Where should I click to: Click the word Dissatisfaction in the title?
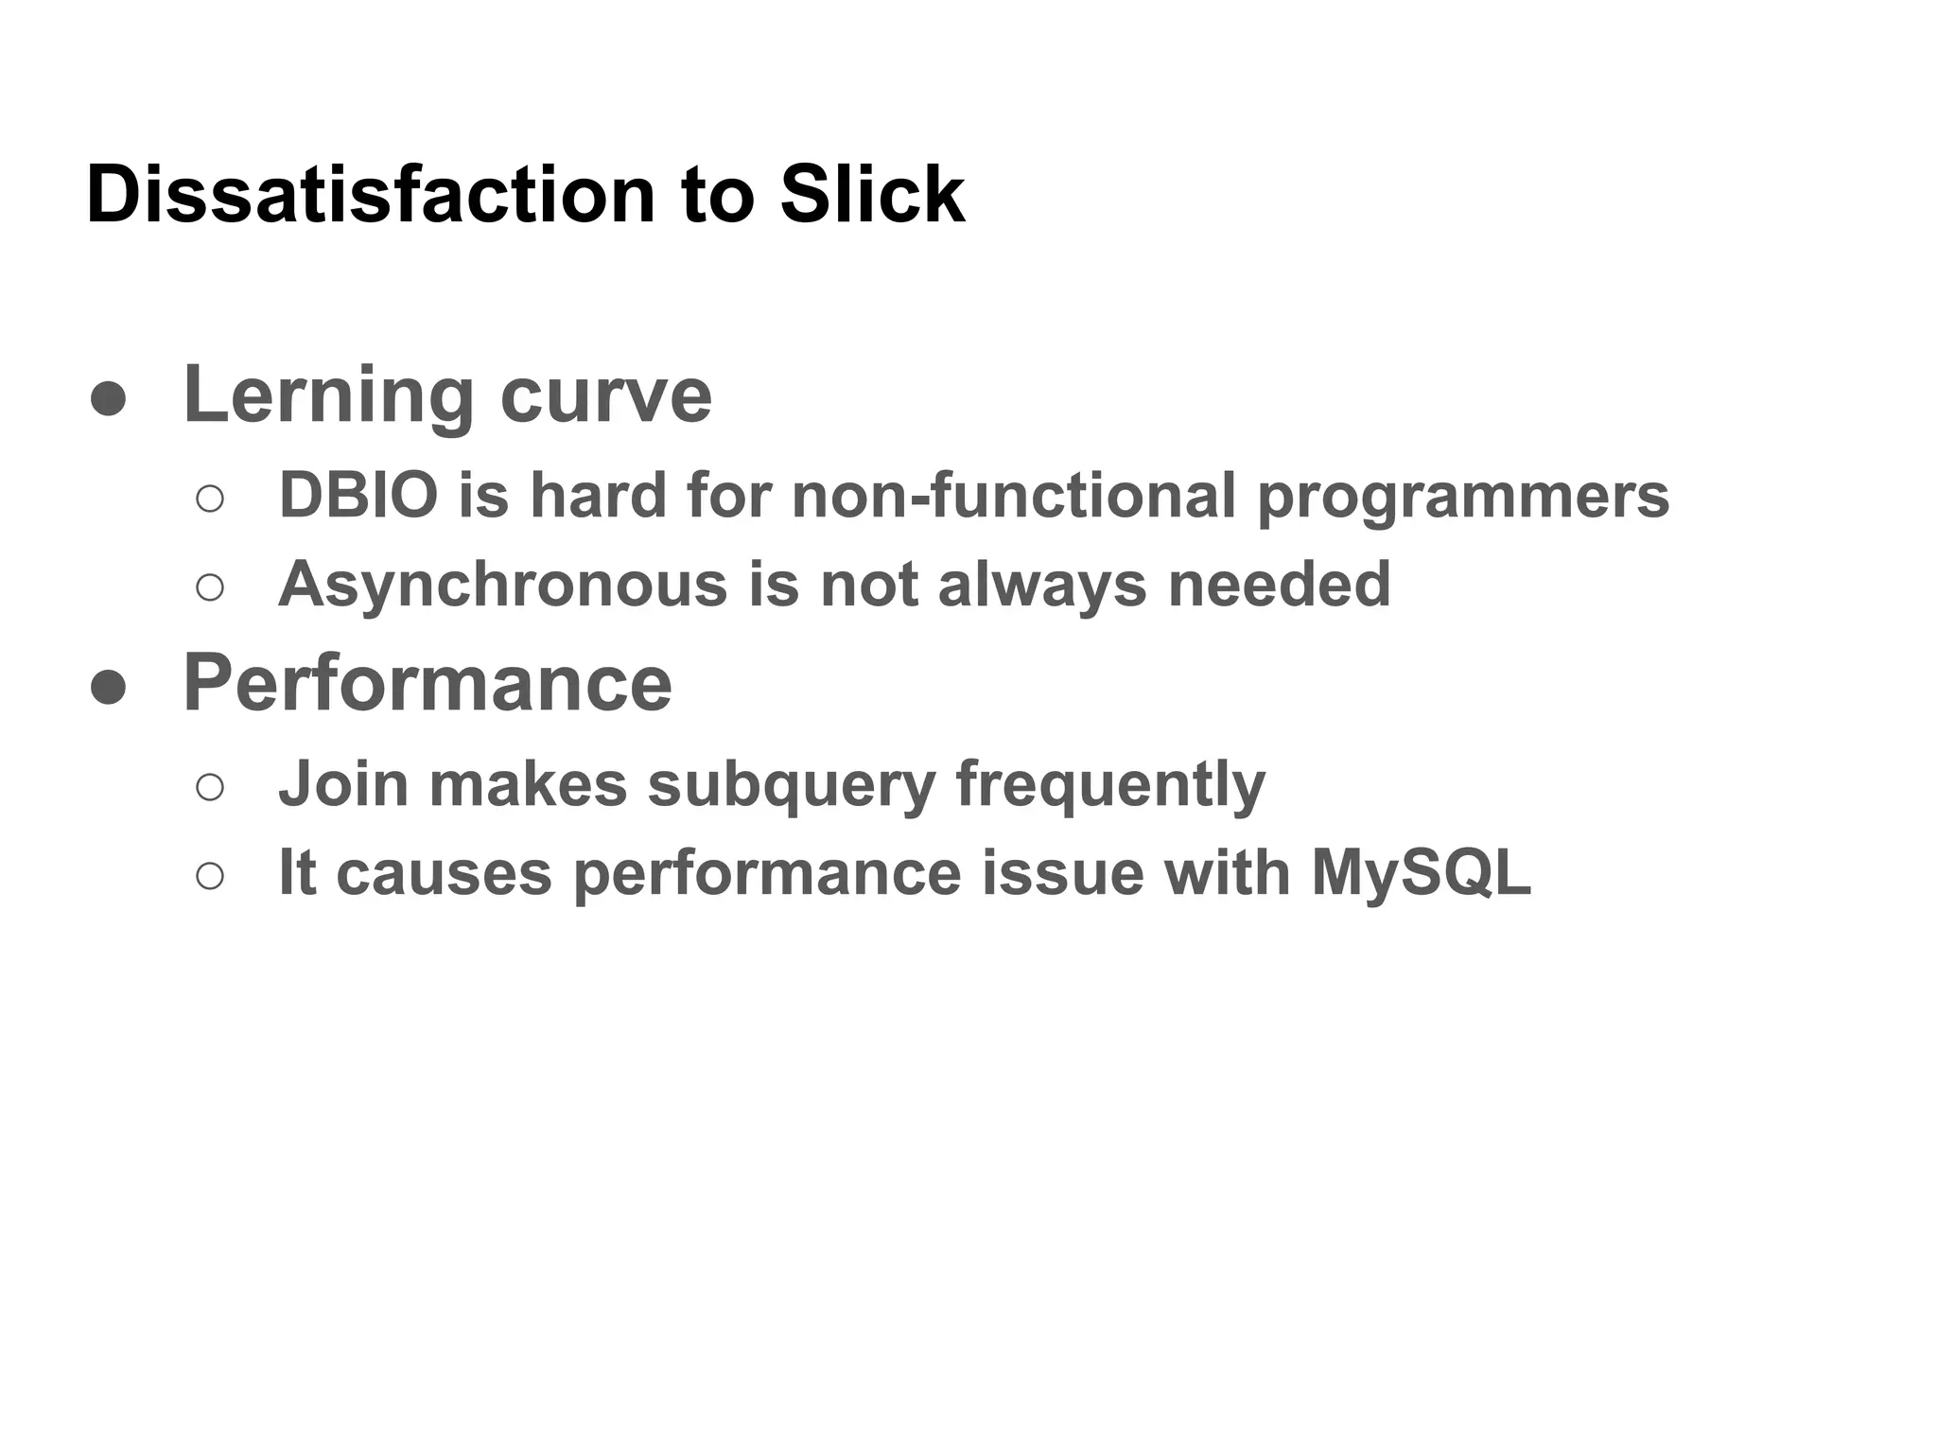371,195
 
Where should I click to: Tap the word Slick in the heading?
871,195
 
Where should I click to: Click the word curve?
605,395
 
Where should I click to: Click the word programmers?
1463,497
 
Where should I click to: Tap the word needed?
1279,585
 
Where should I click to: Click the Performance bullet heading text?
428,683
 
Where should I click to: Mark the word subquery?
792,785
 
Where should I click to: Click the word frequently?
1110,785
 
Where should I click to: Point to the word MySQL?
1421,872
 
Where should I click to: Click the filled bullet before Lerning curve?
108,398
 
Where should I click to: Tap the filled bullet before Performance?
108,687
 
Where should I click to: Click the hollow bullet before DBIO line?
210,499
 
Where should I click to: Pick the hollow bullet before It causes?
210,875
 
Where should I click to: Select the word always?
1042,585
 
